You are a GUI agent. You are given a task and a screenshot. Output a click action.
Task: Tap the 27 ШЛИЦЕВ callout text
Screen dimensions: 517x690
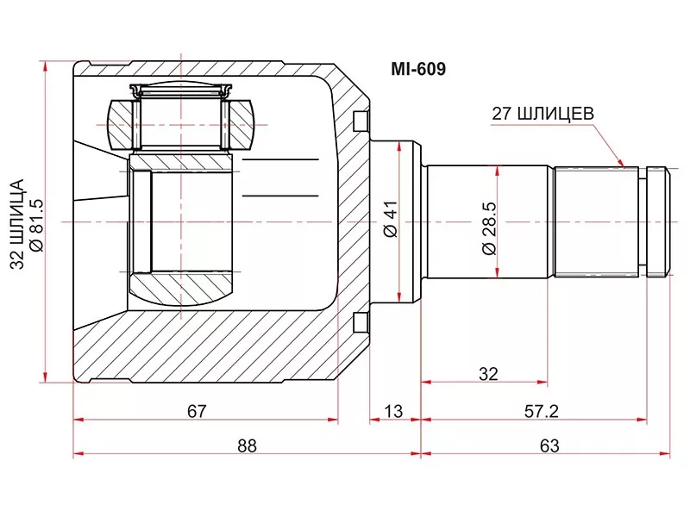pos(543,113)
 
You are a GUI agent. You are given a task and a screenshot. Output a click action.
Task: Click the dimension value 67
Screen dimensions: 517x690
pos(197,411)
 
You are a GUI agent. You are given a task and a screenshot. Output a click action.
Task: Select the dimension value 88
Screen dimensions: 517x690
pos(248,445)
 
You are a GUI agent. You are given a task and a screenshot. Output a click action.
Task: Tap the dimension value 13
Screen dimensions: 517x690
pos(392,411)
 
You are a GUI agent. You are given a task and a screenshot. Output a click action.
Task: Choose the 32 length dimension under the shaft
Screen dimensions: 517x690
pos(488,374)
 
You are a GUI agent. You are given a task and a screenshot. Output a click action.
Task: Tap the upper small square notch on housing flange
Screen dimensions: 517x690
pos(361,121)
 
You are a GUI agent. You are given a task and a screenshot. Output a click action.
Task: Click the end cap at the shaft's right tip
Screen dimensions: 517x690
pos(658,221)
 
